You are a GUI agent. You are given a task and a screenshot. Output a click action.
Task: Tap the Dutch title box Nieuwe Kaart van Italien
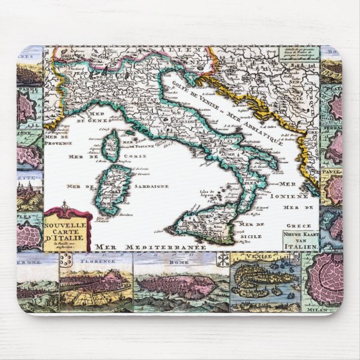pyautogui.click(x=301, y=239)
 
